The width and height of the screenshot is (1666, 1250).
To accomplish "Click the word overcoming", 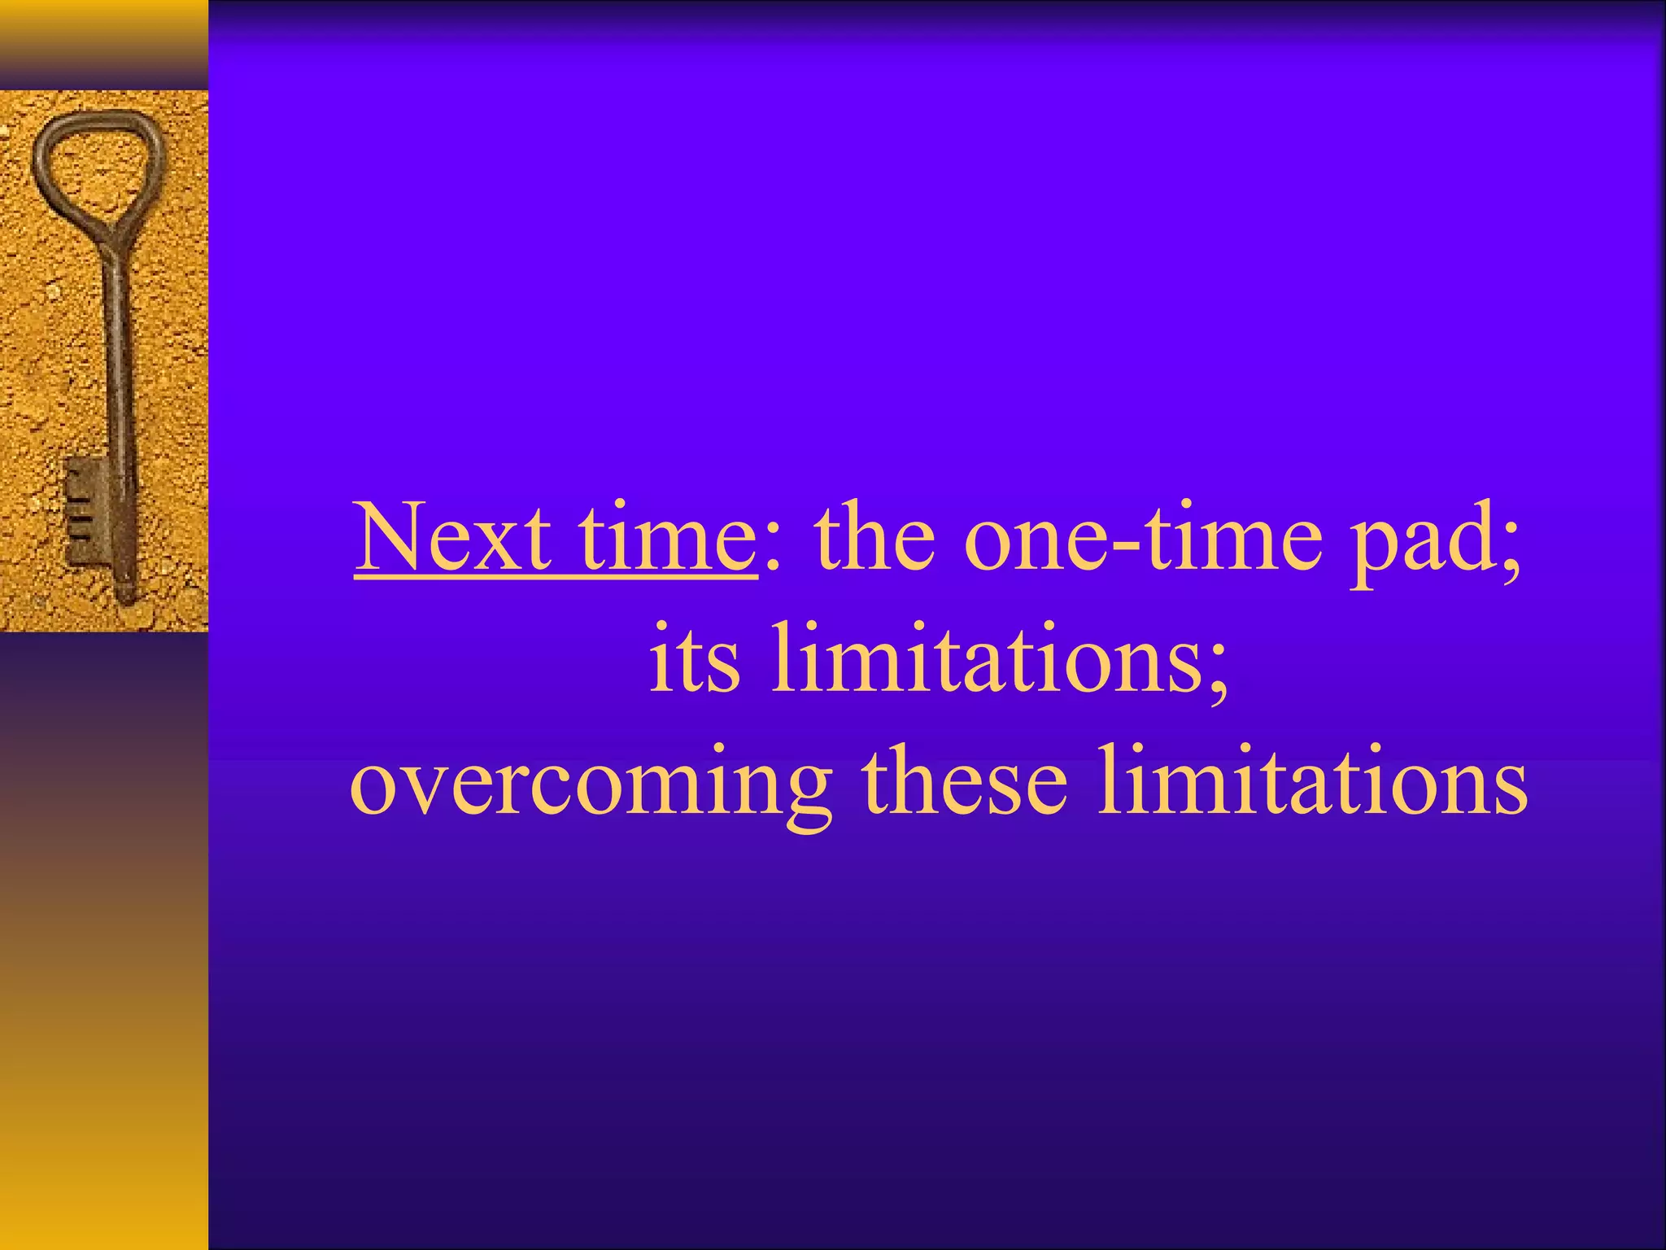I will click(591, 783).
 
